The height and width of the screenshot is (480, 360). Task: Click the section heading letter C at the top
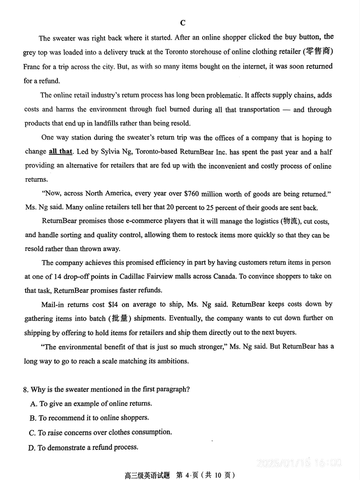[x=182, y=23]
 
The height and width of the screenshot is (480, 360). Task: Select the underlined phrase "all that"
[x=60, y=152]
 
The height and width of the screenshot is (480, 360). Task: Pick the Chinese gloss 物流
[x=290, y=221]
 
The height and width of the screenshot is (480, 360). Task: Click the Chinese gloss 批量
[x=119, y=318]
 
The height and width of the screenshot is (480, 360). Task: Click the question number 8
[x=27, y=389]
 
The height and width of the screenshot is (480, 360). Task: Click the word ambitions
[x=170, y=361]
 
